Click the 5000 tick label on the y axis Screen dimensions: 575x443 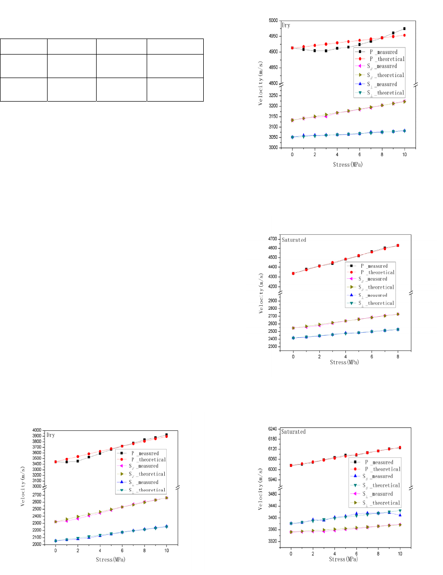point(274,21)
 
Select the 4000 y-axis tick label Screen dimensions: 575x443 point(38,430)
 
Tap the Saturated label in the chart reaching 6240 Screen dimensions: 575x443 point(293,431)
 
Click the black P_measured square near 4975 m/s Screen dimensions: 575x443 point(404,29)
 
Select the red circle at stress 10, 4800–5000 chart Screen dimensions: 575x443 point(404,35)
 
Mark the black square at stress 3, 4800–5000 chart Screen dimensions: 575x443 point(326,51)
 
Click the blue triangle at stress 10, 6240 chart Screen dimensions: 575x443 point(400,515)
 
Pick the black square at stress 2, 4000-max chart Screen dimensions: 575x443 point(78,461)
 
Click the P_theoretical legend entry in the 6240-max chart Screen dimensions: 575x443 point(380,469)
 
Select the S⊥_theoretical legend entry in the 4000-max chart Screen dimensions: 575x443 point(145,490)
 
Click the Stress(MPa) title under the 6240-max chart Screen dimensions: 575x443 point(345,559)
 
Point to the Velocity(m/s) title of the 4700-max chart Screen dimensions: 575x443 point(261,293)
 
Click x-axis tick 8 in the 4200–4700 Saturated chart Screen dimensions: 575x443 point(397,356)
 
